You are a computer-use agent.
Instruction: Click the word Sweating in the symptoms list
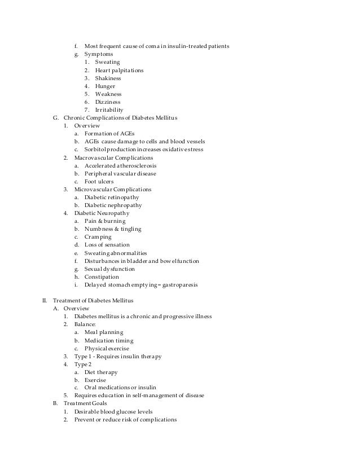tap(107, 62)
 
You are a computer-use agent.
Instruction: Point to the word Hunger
tap(106, 86)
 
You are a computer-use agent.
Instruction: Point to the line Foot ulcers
tap(99, 182)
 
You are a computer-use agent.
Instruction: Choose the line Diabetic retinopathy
tap(112, 197)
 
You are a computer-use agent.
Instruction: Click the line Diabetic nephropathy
tap(113, 205)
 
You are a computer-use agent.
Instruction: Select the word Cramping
tap(99, 237)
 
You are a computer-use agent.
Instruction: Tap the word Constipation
tap(102, 277)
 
